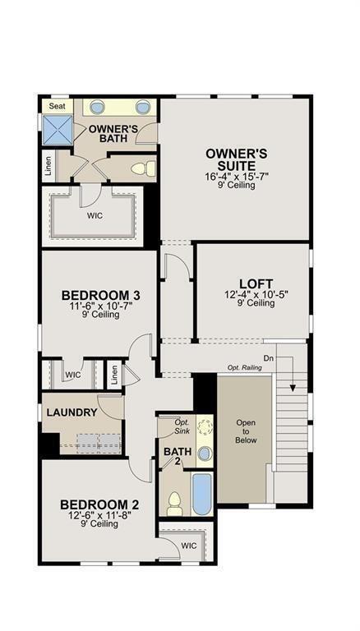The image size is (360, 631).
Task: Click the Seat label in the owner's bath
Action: (x=57, y=106)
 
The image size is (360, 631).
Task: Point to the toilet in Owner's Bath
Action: (x=142, y=168)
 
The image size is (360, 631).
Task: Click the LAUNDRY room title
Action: (x=72, y=412)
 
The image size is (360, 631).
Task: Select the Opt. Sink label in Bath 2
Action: (x=182, y=426)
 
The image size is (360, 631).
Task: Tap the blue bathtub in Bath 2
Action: (x=201, y=493)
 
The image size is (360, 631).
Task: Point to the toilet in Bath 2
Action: (x=174, y=503)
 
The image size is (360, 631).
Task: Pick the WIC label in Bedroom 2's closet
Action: (x=188, y=545)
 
